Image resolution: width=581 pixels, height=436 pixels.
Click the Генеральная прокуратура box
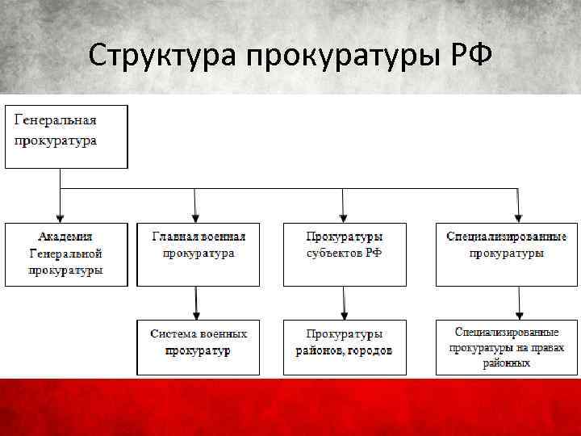pos(66,136)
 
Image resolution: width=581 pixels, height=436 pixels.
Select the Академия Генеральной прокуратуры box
pos(66,254)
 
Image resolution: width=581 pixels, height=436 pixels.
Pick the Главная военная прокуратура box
pos(199,254)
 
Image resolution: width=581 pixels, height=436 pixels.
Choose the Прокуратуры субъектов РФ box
pos(345,254)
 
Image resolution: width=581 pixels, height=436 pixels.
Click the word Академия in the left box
pos(65,237)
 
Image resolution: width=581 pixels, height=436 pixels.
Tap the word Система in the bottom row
pos(175,333)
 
